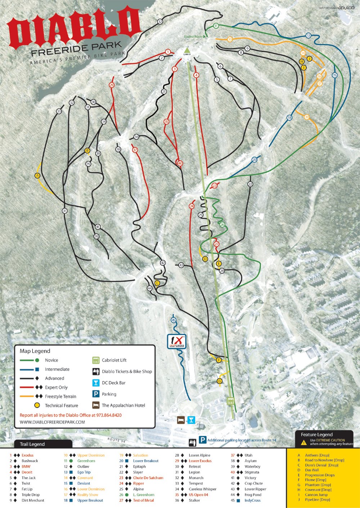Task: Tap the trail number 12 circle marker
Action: coord(160,22)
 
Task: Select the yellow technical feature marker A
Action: coord(37,176)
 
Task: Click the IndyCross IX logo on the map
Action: coord(177,341)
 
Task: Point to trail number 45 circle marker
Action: coord(174,320)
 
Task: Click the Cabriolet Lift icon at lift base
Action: coord(230,401)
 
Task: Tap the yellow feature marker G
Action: coord(220,381)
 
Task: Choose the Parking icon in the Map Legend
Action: coord(96,394)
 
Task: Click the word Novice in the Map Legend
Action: coord(51,360)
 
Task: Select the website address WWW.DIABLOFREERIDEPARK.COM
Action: coord(52,422)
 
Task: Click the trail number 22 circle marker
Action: coord(250,184)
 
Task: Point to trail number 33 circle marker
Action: coord(59,112)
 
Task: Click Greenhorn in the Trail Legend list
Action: coord(86,461)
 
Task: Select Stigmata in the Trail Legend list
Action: coord(252,472)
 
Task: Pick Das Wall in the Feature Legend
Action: coord(312,470)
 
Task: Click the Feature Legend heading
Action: coord(316,435)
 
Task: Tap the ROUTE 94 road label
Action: coord(116,440)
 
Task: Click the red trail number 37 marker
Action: coord(135,150)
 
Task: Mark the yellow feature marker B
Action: coord(87,151)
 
